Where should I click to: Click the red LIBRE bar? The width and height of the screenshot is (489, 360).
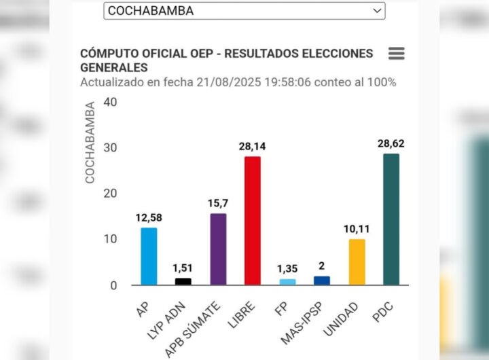tap(252, 221)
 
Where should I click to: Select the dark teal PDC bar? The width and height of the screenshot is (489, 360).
tap(391, 219)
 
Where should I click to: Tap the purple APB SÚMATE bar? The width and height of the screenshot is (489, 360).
tap(217, 249)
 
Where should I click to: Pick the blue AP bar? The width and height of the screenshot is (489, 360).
tap(149, 256)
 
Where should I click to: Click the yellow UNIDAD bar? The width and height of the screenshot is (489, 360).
tap(357, 262)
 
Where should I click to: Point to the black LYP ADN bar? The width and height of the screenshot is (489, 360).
tap(183, 281)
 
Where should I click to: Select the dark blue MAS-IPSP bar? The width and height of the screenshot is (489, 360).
tap(322, 280)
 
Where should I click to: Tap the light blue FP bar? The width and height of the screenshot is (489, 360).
tap(287, 281)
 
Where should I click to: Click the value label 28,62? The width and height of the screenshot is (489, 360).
tap(391, 144)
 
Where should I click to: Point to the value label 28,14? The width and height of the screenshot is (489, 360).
tap(252, 147)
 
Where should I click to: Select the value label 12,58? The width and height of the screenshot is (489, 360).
tap(149, 217)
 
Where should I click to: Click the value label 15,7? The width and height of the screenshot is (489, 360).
tap(217, 203)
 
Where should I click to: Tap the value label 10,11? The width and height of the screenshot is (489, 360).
tap(357, 229)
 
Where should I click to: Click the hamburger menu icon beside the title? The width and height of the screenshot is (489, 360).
tap(397, 54)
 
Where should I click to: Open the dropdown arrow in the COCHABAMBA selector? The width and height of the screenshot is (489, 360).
tap(377, 11)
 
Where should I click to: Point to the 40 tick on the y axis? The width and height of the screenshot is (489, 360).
tap(111, 102)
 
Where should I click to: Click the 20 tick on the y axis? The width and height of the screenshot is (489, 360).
tap(111, 194)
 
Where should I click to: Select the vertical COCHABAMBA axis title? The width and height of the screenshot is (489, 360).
tap(90, 143)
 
